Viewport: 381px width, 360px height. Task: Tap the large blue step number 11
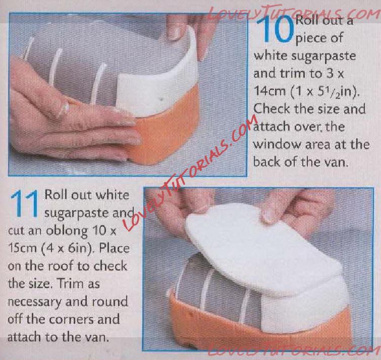click(x=24, y=203)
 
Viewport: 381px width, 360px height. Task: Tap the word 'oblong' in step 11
click(x=67, y=231)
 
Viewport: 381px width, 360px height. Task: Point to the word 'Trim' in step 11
click(x=71, y=283)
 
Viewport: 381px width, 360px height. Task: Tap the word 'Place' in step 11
click(x=114, y=248)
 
